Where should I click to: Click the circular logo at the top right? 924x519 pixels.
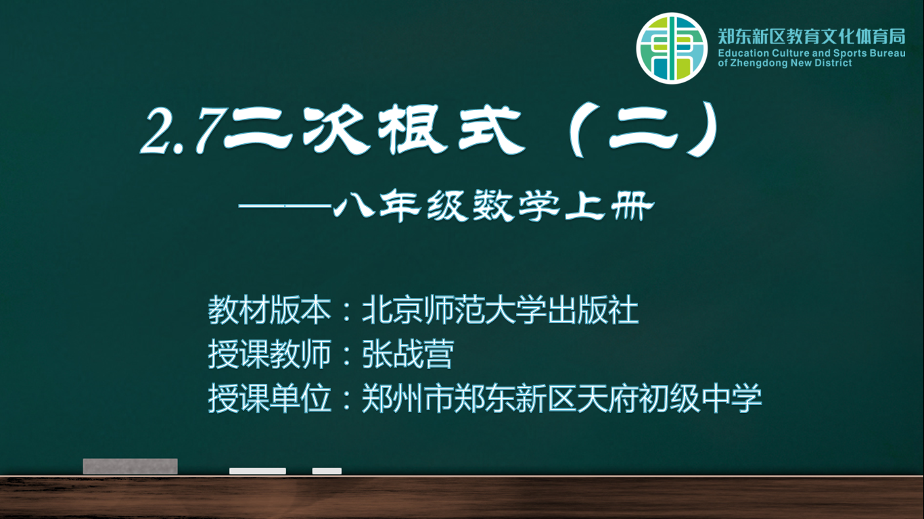[672, 48]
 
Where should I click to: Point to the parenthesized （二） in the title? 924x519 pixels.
[644, 130]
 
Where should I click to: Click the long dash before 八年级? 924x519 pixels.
[285, 205]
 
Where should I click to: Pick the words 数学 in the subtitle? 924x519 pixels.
[516, 205]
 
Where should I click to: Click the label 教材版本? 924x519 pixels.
[270, 310]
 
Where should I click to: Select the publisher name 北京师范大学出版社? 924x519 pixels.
[501, 310]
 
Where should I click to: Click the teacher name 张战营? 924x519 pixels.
[408, 354]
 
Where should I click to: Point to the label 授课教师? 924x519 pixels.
[270, 354]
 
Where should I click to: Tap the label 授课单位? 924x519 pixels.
[270, 398]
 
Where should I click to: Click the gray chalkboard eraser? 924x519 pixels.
[131, 466]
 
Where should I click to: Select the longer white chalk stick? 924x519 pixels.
[258, 471]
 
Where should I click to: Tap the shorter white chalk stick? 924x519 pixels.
[327, 471]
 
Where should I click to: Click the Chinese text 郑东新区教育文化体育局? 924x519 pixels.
[812, 36]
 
